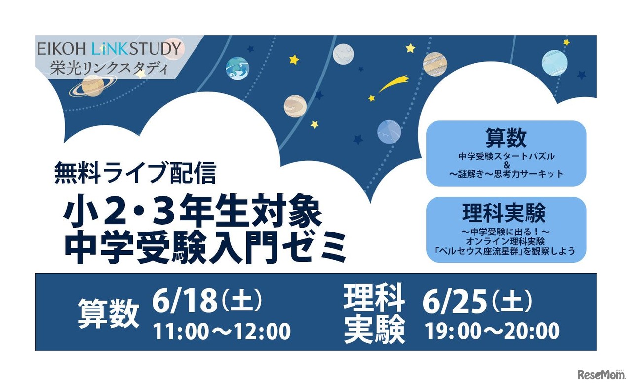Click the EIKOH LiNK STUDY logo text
(x=110, y=48)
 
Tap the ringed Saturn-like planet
(x=93, y=86)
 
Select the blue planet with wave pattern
(x=237, y=69)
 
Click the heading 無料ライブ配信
(x=135, y=174)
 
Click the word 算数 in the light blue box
(x=506, y=139)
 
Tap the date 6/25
(x=455, y=301)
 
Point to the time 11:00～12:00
(x=222, y=332)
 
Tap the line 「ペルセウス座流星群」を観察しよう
(x=506, y=251)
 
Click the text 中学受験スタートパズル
(x=506, y=156)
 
